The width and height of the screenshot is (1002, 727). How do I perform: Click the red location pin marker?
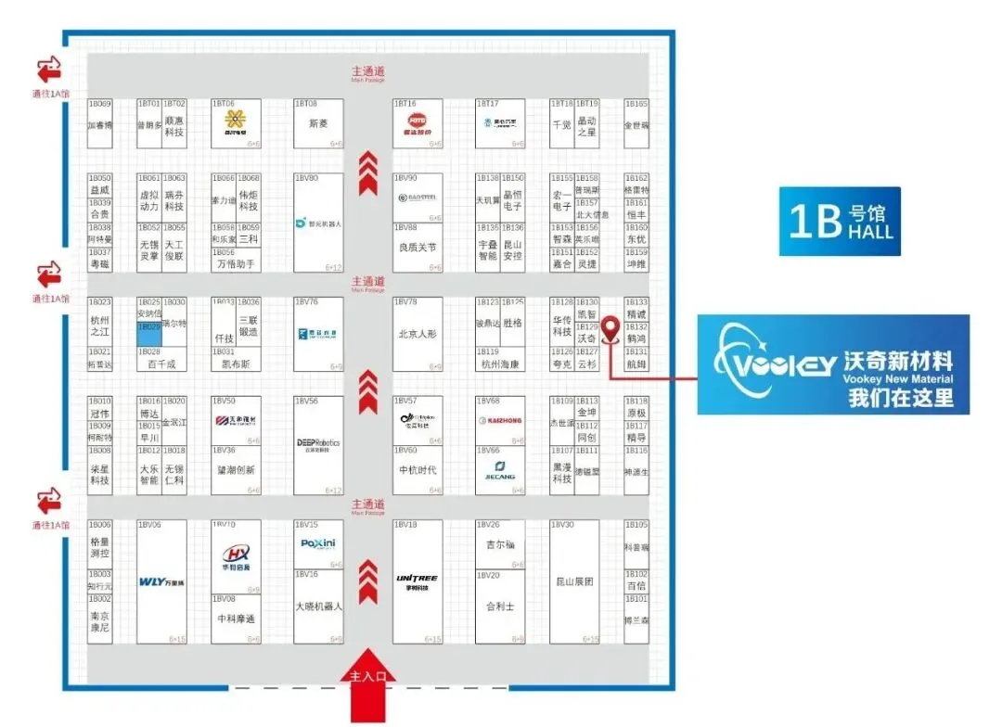point(611,328)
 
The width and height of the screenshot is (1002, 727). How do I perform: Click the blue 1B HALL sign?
point(840,222)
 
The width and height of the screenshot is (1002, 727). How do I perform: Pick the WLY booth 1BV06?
point(162,582)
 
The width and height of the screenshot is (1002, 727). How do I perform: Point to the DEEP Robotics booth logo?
point(318,444)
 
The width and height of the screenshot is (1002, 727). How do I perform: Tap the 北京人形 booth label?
point(417,334)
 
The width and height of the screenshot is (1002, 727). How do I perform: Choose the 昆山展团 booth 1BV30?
point(574,582)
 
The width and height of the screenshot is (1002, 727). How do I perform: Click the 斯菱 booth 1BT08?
point(318,123)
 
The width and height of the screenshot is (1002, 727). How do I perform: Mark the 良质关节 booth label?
point(417,248)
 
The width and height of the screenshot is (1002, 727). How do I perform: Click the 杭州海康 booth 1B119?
point(500,364)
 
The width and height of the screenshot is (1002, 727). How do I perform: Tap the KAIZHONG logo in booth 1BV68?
point(500,421)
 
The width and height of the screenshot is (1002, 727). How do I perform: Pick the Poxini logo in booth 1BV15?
point(318,544)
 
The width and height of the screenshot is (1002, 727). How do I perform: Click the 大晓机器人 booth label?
point(318,606)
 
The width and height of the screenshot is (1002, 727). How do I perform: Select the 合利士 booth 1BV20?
point(500,606)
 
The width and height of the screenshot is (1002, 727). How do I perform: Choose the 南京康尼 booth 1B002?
point(100,622)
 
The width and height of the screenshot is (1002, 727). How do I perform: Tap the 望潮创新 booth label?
point(237,470)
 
